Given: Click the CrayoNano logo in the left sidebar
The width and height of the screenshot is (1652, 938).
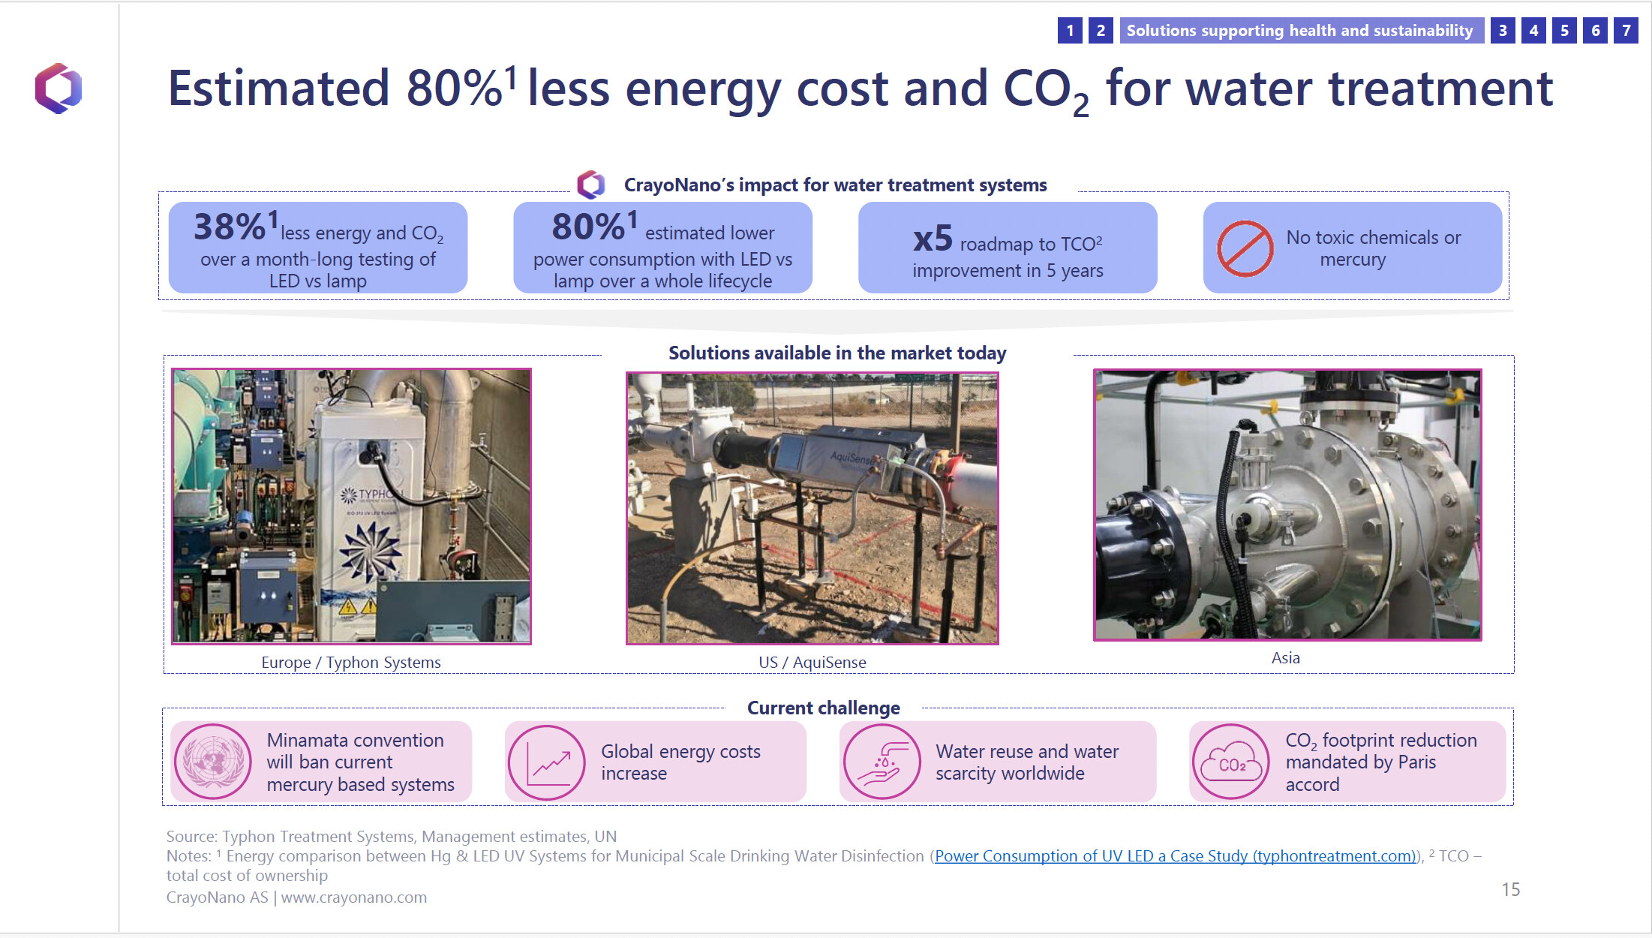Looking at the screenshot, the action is click(59, 89).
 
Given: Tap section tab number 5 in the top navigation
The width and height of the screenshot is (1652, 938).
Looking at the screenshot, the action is click(1564, 31).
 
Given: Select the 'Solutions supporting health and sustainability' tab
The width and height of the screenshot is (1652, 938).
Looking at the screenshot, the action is click(1300, 31).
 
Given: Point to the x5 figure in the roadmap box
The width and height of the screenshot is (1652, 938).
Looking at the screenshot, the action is click(933, 239).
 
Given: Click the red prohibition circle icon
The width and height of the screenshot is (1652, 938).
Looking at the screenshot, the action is click(1245, 248).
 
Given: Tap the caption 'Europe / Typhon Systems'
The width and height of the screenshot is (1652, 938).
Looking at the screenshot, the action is click(351, 663).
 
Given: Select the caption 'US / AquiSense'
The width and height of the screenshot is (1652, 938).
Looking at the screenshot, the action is click(812, 663).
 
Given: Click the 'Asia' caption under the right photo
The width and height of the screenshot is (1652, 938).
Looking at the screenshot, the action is click(1286, 658).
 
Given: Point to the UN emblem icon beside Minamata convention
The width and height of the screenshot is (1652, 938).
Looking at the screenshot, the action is click(213, 762).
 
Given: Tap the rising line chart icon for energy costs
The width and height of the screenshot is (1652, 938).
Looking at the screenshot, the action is click(547, 762).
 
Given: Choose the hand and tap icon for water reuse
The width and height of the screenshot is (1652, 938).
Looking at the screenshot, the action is click(882, 762).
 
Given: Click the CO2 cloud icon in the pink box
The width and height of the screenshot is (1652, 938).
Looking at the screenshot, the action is click(1231, 762).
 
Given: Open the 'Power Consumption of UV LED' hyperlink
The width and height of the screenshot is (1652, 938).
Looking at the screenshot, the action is click(1175, 856).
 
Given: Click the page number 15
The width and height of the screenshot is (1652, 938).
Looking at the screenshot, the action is click(1511, 889).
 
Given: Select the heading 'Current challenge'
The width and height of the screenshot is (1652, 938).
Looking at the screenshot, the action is click(824, 708).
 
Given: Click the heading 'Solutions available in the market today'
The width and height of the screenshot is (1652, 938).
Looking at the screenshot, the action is click(837, 353).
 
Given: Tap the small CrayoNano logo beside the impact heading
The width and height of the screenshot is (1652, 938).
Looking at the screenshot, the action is click(591, 185).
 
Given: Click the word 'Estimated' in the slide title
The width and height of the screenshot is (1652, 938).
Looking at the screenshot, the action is click(278, 89).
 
